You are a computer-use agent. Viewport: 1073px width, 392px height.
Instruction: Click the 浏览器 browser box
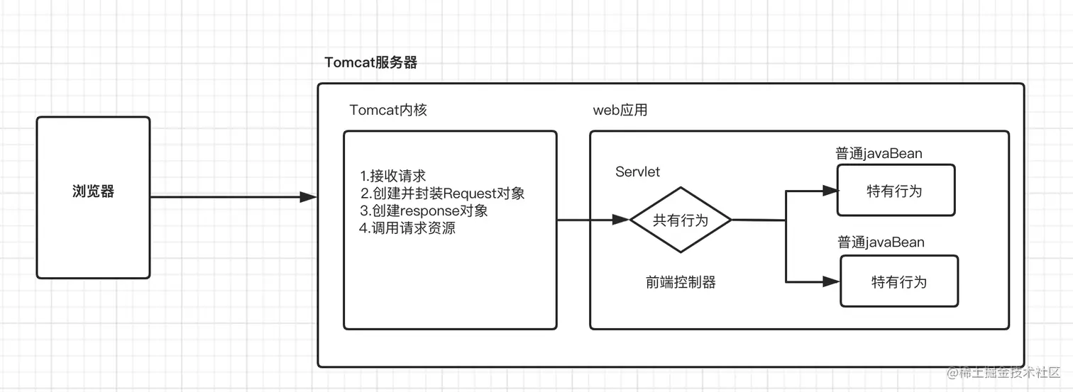(93, 197)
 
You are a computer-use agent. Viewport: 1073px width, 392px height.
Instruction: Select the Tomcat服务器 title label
(370, 62)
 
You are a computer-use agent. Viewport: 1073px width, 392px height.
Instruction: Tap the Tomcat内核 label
(387, 111)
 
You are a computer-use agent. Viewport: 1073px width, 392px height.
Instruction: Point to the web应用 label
(620, 111)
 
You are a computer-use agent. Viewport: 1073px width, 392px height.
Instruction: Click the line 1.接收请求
(392, 176)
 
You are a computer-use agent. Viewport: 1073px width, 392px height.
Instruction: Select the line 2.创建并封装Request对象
(442, 194)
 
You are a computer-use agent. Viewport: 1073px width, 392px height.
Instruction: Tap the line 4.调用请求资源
(407, 229)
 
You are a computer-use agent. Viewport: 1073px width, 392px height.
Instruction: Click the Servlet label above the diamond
(637, 172)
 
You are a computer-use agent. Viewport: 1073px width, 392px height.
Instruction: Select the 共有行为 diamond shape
(681, 220)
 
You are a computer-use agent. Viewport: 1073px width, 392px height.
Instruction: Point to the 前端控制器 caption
(681, 282)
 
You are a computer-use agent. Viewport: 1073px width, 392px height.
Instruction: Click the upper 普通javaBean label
(879, 154)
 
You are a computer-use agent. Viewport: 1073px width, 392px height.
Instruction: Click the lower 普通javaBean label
(881, 242)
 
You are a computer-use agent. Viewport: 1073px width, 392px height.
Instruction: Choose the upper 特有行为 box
(895, 191)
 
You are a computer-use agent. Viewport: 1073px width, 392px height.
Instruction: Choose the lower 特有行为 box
(898, 282)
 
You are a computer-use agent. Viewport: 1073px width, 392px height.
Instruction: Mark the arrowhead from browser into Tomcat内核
(308, 197)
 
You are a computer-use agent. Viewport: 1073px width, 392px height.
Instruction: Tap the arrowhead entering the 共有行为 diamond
(622, 220)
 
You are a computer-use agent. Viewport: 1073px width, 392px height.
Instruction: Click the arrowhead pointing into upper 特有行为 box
(830, 191)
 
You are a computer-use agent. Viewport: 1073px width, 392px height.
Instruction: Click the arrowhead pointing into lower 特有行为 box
(832, 281)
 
